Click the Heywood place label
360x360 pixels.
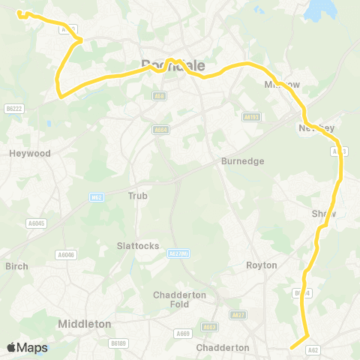pos(30,153)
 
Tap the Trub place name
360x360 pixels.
pos(138,196)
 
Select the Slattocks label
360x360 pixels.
pos(136,245)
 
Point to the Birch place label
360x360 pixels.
pos(16,266)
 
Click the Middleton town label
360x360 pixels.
pos(85,323)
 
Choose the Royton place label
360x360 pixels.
pos(262,265)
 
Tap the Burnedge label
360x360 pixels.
pos(243,160)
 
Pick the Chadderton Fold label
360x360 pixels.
pos(179,300)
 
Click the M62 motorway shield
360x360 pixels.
pos(95,197)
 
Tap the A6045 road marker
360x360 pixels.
pos(36,223)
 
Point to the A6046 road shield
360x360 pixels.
pos(67,255)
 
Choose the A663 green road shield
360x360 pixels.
pos(208,327)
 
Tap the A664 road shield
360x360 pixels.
pos(160,129)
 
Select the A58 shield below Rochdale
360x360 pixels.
pos(159,96)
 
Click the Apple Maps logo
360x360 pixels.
pos(28,347)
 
